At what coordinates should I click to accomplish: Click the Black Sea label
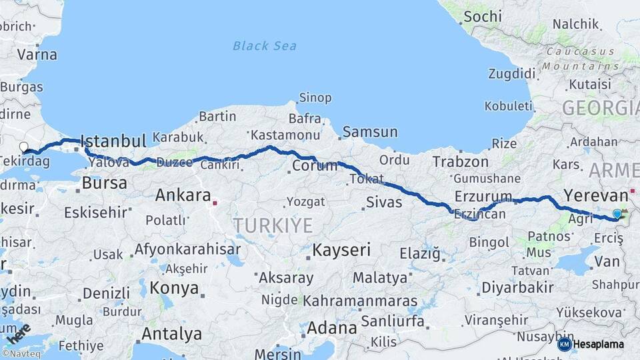click(x=265, y=46)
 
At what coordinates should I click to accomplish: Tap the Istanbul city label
click(x=113, y=141)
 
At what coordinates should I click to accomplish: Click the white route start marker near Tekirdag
click(x=24, y=147)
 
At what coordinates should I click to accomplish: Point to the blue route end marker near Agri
click(x=617, y=214)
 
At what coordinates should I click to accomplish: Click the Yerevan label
click(x=596, y=195)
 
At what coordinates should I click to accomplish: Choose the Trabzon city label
click(x=461, y=161)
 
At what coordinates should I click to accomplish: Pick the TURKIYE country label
click(x=273, y=225)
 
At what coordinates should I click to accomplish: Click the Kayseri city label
click(x=341, y=250)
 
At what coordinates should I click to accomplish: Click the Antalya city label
click(x=172, y=333)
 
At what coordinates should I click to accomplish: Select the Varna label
click(x=37, y=55)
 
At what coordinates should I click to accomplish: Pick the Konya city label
click(x=175, y=288)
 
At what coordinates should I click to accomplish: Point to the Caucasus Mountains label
click(x=577, y=59)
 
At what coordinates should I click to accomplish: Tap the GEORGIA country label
click(x=600, y=107)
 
